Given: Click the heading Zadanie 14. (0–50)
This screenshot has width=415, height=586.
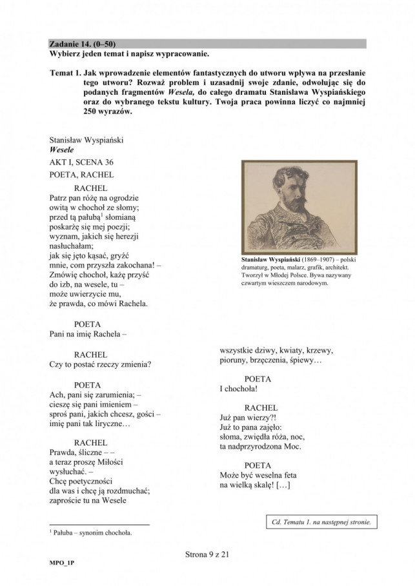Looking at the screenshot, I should (x=83, y=44).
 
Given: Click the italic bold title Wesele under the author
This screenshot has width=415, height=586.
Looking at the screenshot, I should (x=62, y=150).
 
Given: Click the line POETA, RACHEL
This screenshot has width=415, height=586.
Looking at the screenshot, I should (x=81, y=174).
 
